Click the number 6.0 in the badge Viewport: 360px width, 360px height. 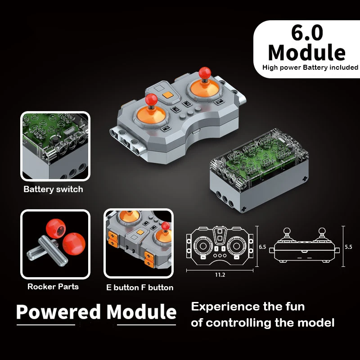click(307, 34)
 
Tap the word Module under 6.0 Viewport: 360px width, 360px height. click(307, 53)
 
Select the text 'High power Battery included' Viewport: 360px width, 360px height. click(310, 68)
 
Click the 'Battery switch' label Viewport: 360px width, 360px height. click(53, 189)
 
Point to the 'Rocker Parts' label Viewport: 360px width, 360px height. click(53, 287)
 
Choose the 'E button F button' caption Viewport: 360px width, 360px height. click(139, 288)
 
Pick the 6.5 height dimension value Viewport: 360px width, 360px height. click(263, 247)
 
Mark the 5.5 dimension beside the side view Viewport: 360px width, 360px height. click(348, 247)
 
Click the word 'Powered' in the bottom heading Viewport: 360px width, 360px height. click(58, 312)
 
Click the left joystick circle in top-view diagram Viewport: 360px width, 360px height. click(202, 247)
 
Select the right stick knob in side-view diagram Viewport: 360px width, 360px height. click(322, 231)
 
